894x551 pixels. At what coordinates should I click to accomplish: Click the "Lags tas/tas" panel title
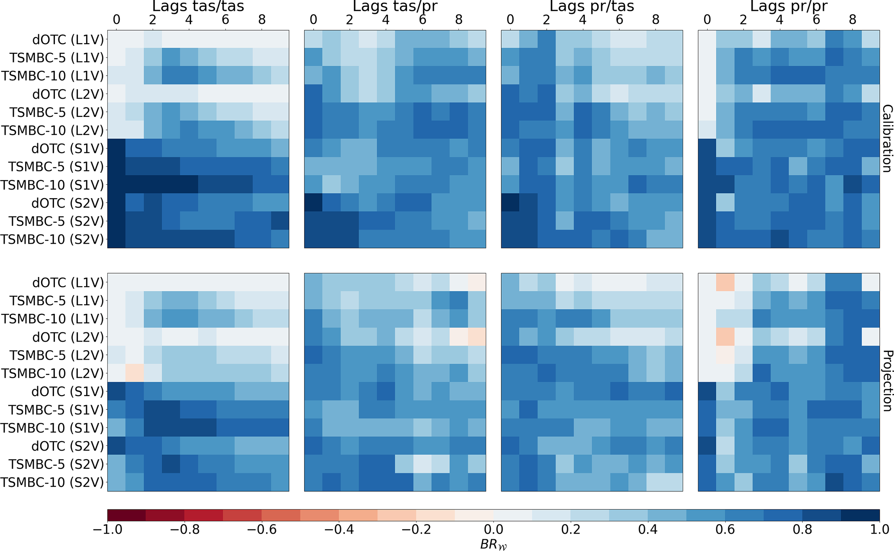coord(198,6)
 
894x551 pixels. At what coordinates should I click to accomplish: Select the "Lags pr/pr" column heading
coord(788,6)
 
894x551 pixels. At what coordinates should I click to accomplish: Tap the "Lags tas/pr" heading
coord(395,6)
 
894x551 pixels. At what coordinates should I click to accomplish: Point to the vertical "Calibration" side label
coord(887,139)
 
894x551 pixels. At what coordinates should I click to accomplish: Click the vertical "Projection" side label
coord(887,381)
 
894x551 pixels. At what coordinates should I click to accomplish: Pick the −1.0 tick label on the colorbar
coord(107,529)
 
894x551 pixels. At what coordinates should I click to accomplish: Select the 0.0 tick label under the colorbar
coord(493,529)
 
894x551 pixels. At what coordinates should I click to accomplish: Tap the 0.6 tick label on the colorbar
coord(725,529)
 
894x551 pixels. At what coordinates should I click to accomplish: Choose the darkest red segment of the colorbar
coord(126,515)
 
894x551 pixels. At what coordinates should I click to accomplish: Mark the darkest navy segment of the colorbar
coord(860,515)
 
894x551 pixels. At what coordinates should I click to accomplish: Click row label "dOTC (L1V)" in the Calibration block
coord(68,40)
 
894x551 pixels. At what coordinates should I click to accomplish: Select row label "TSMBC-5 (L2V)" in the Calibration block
coord(57,113)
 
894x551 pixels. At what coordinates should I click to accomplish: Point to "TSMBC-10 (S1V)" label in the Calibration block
coord(52,185)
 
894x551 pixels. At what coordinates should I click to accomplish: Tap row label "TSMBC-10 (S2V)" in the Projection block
coord(52,482)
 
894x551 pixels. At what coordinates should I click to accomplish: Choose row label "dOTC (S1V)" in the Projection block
coord(68,392)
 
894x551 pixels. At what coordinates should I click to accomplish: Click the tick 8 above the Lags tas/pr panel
coord(459,19)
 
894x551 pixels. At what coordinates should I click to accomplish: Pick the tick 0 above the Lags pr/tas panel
coord(510,19)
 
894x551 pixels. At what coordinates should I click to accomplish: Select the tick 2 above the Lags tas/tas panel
coord(153,19)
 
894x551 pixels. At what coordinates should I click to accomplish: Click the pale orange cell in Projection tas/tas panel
coord(135,373)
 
